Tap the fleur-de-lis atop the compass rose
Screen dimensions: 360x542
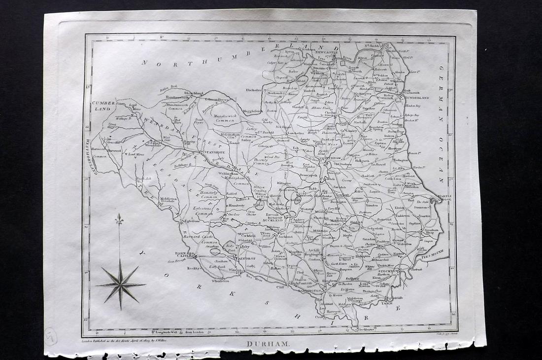119,220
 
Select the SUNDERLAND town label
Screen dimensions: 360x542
418,98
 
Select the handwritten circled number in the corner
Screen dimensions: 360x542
50,336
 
